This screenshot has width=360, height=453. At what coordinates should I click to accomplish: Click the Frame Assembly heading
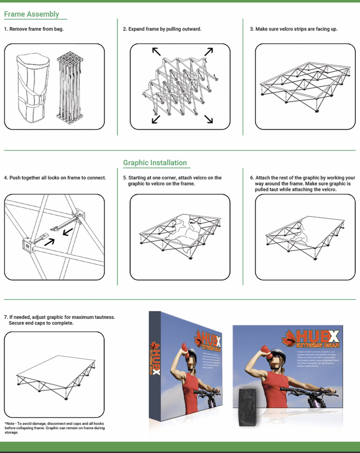(x=32, y=14)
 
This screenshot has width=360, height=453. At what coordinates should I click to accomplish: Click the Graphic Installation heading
(x=155, y=163)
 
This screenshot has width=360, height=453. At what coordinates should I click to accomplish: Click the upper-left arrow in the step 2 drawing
(x=157, y=52)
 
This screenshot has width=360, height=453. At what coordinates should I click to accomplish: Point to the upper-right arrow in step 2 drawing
(x=209, y=52)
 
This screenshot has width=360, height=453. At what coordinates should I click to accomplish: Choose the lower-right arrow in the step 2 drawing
(x=208, y=119)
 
